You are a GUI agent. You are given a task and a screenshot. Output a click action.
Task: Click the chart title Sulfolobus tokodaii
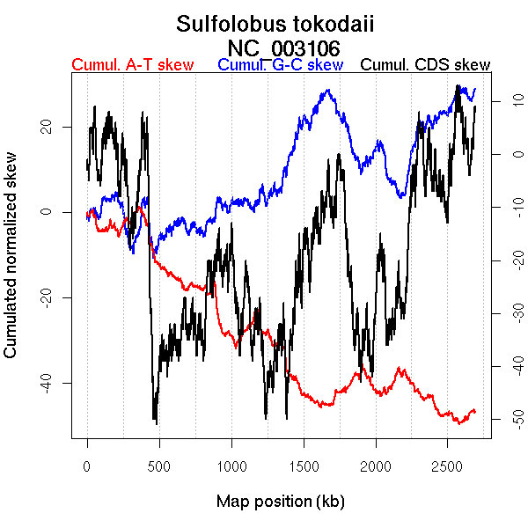pyautogui.click(x=275, y=24)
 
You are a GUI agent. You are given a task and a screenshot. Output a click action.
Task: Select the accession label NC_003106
pyautogui.click(x=283, y=47)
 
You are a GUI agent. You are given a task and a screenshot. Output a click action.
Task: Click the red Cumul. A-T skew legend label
pyautogui.click(x=132, y=65)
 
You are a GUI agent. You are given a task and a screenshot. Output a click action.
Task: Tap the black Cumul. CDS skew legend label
pyautogui.click(x=426, y=65)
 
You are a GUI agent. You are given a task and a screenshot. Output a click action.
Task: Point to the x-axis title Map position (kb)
pyautogui.click(x=280, y=502)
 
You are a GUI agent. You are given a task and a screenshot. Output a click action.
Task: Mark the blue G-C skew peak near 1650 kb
pyautogui.click(x=327, y=90)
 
